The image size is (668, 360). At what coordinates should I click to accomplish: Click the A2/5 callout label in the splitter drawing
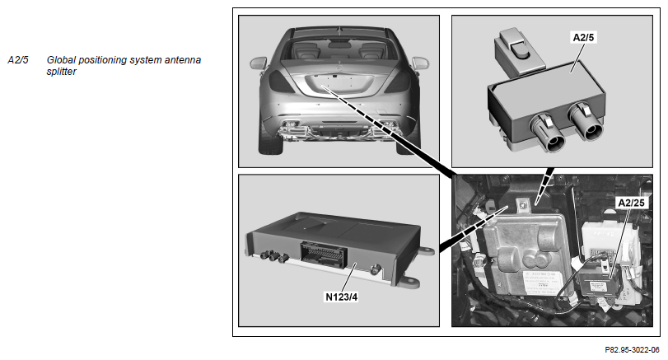583,38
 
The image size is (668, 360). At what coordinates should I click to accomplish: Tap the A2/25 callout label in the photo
632,203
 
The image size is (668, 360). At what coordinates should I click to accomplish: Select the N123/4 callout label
341,297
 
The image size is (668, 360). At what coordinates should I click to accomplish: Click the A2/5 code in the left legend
18,60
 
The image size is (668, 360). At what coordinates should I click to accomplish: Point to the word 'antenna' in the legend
183,60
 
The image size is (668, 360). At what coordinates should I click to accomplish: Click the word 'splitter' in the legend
61,72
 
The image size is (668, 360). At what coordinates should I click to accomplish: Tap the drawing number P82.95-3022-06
632,350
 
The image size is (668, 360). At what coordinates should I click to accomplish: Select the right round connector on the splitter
586,122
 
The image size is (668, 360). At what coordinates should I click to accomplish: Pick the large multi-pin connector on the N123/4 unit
324,255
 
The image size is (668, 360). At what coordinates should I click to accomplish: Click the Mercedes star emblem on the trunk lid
339,69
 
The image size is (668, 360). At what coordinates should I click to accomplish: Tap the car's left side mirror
259,63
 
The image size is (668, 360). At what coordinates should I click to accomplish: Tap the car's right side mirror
419,63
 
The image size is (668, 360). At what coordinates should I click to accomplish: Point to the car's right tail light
398,81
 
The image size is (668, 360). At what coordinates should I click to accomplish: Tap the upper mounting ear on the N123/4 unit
427,250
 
